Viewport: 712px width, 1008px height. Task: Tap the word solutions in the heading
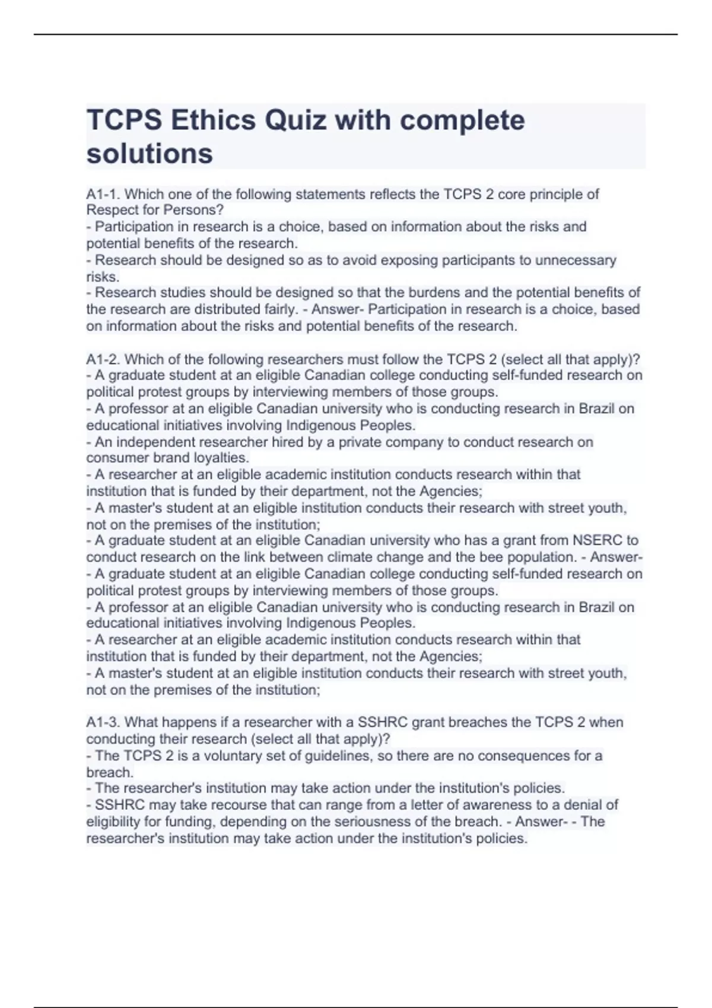point(150,154)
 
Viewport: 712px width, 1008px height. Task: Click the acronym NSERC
point(597,540)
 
